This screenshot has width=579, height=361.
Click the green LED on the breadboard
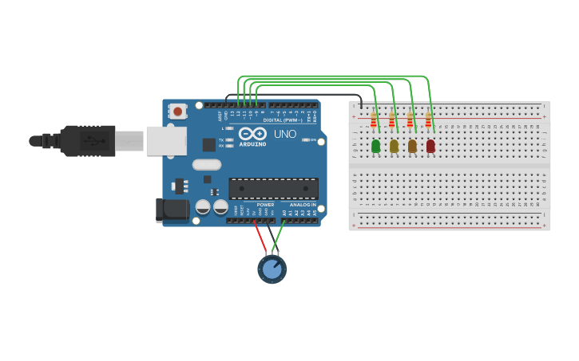[x=375, y=146]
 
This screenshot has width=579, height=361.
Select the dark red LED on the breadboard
[x=430, y=146]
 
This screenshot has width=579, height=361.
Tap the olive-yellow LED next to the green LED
[x=394, y=146]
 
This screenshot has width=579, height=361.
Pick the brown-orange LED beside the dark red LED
[x=412, y=146]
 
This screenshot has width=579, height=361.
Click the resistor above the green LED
[x=373, y=120]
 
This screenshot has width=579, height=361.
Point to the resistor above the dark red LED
[x=428, y=120]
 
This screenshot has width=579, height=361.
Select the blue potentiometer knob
[x=272, y=269]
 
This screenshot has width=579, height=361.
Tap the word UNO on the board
[x=285, y=134]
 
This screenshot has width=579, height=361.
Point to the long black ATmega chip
[x=273, y=189]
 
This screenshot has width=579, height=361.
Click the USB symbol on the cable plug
[x=94, y=141]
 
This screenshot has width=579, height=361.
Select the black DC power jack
[x=172, y=210]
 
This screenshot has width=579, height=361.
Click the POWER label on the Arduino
[x=265, y=205]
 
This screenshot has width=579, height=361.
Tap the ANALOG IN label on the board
[x=303, y=205]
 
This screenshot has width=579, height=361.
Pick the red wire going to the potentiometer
[x=260, y=237]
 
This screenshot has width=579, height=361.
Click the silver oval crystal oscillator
[x=206, y=165]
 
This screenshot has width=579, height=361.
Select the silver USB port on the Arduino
[x=165, y=141]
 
